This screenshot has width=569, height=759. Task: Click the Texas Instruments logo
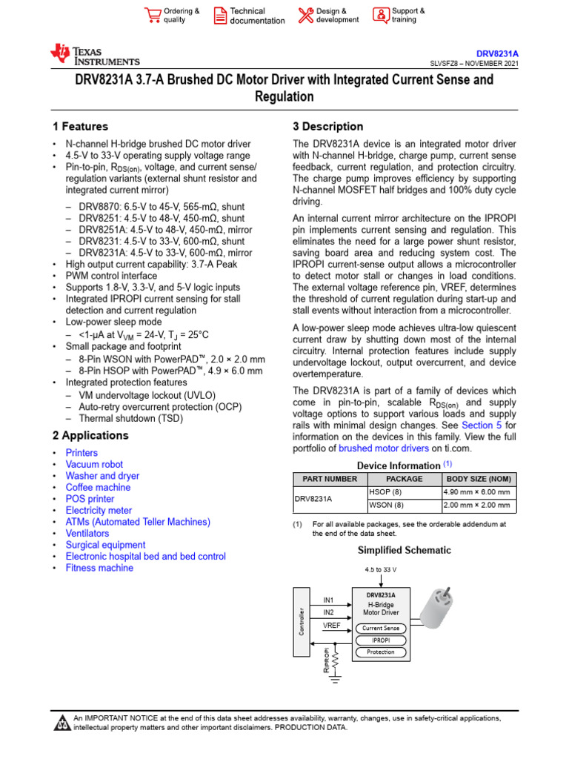coord(94,55)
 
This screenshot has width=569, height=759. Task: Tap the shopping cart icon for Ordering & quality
coord(153,16)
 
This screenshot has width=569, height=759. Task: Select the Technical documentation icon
coord(220,16)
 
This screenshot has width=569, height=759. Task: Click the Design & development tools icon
coord(305,16)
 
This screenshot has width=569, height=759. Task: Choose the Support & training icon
coord(380,16)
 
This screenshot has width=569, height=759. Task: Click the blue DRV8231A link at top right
coord(496,54)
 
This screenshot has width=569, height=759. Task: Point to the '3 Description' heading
coord(328,127)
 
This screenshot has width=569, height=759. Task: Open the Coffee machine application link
coord(98,487)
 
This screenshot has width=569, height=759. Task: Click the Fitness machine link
coord(99,568)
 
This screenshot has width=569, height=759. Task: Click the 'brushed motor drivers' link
coord(384,448)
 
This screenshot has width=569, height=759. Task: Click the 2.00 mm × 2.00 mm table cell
coord(476,506)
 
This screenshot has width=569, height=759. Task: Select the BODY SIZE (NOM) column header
coord(478,479)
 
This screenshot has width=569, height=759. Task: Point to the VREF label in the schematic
coord(332,626)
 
